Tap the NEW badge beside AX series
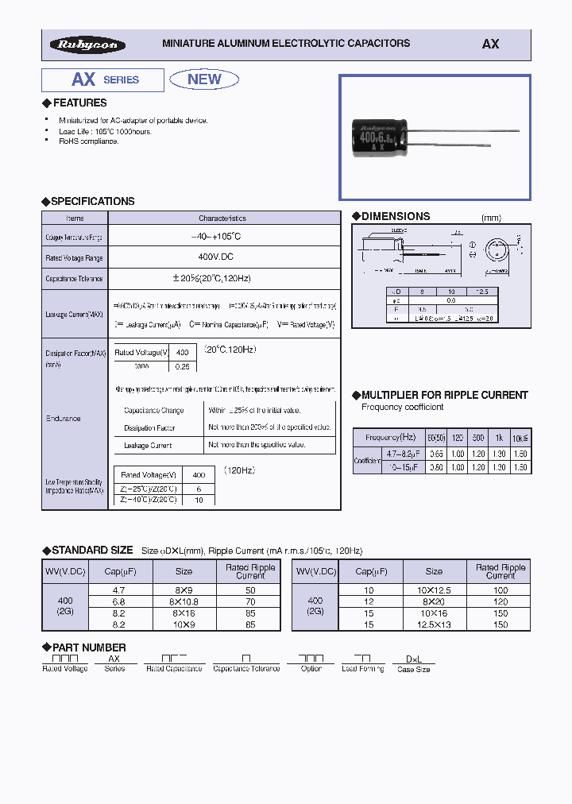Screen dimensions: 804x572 coord(204,79)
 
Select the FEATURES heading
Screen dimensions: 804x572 coord(79,103)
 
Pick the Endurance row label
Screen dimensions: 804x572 coord(63,418)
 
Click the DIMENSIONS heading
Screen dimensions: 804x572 coord(396,216)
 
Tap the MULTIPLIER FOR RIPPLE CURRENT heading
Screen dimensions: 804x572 coord(444,395)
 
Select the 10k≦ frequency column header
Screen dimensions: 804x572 coord(520,437)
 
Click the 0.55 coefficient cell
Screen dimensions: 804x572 coord(436,453)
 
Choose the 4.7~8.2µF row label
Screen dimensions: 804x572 coord(387,453)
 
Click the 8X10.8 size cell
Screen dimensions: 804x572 coord(184,602)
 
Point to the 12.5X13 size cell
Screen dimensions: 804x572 coord(434,624)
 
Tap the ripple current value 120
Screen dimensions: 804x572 coord(500,602)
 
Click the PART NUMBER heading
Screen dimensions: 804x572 coord(88,647)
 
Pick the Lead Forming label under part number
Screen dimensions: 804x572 coord(363,669)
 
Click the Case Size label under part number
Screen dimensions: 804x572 coord(413,670)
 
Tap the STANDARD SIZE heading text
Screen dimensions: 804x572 coord(92,550)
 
